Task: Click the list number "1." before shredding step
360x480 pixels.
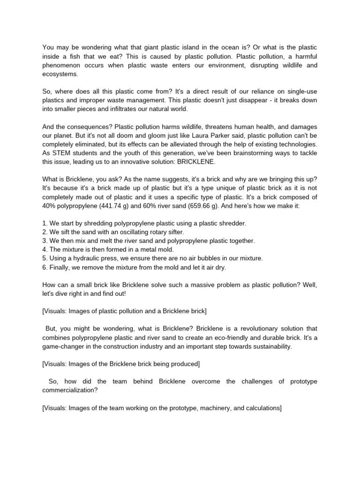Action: click(x=45, y=223)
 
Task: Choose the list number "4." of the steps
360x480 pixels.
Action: click(x=45, y=250)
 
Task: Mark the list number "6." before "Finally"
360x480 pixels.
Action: click(x=45, y=268)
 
